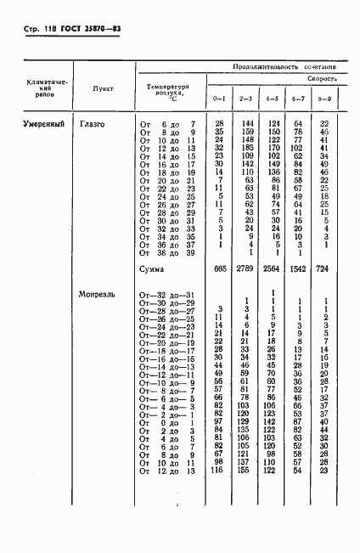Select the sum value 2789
[x=246, y=269]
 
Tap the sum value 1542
[x=297, y=269]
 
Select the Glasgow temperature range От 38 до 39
[x=167, y=252]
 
